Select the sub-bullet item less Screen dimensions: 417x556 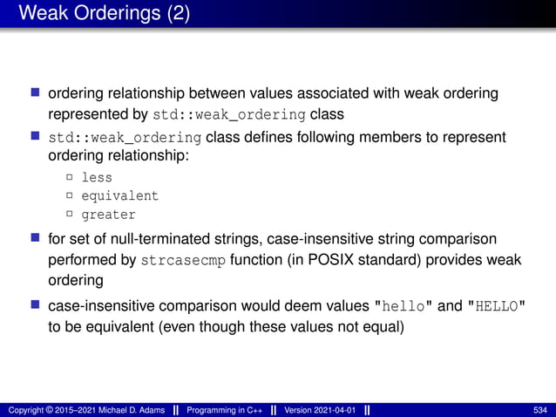pos(97,177)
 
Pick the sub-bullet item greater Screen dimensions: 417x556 pos(108,215)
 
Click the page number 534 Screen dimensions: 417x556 pos(539,409)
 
